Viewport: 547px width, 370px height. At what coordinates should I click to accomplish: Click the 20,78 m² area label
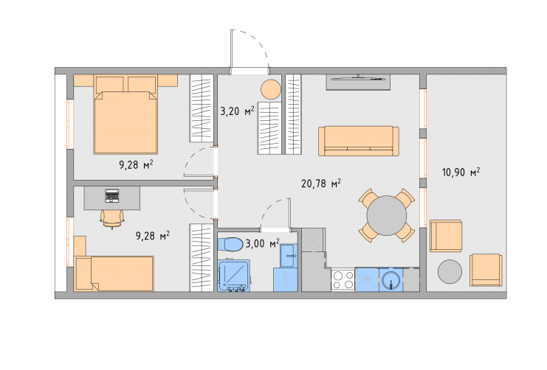coord(321,184)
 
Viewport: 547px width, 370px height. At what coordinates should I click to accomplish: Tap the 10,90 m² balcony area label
coord(461,172)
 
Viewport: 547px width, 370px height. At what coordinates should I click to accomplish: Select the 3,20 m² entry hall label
coord(237,111)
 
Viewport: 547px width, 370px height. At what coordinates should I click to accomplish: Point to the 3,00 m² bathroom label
coord(262,243)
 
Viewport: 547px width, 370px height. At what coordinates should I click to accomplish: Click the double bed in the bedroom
coord(125,115)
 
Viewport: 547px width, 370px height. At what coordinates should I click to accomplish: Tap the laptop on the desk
coord(112,196)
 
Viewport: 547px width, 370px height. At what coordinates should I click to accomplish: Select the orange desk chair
coord(112,218)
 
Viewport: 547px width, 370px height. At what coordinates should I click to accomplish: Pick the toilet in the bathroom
coord(230,244)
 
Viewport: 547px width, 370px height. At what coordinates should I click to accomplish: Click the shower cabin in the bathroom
coord(234,275)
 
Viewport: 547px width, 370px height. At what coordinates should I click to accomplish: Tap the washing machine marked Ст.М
coord(286,279)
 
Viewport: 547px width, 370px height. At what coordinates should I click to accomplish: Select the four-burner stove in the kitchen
coord(343,280)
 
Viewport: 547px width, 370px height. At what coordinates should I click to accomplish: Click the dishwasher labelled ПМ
coord(367,280)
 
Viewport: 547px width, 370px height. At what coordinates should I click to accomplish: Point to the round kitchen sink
coord(391,280)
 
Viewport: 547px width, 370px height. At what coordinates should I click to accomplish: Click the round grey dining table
coord(387,216)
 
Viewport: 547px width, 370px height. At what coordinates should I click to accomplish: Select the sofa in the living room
coord(359,141)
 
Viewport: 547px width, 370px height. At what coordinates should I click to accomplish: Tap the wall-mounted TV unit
coord(358,83)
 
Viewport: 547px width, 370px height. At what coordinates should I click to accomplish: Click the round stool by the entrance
coord(271,89)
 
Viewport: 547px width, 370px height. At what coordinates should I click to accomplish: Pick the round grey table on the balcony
coord(450,271)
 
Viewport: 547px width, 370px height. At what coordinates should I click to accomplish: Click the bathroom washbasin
coord(289,255)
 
